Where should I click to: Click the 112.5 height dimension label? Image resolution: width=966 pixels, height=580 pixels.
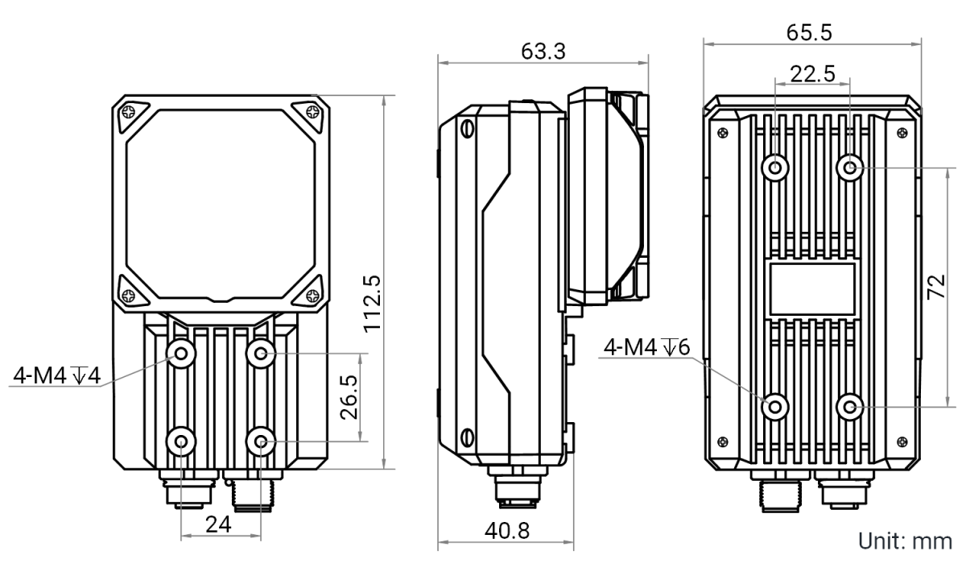(373, 304)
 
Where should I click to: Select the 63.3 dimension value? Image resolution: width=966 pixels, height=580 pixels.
(543, 52)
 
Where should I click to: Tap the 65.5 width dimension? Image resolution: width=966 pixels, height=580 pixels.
(809, 33)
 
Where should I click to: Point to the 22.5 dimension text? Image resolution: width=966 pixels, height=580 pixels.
(812, 74)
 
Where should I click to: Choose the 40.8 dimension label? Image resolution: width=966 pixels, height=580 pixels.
(506, 531)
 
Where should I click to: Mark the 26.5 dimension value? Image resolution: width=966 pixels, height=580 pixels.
(349, 397)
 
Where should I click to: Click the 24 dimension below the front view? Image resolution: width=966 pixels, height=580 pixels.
(218, 524)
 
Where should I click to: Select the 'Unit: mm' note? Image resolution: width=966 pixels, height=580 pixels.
(905, 541)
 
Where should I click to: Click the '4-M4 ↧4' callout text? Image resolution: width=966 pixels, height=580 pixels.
(56, 375)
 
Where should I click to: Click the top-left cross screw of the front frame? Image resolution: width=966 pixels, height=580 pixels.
(129, 112)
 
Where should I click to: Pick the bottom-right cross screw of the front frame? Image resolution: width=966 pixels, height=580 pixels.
(312, 296)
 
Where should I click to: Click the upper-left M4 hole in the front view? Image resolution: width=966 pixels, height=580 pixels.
(181, 354)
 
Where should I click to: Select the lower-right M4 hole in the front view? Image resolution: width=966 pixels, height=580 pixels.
(261, 441)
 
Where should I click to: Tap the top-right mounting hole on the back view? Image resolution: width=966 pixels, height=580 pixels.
(849, 168)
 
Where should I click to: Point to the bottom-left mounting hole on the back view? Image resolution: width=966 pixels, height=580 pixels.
(775, 407)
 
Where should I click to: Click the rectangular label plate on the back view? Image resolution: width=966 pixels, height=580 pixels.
(812, 289)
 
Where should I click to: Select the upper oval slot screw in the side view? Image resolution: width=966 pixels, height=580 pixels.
(467, 129)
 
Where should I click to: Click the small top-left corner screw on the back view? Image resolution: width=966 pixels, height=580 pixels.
(723, 133)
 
